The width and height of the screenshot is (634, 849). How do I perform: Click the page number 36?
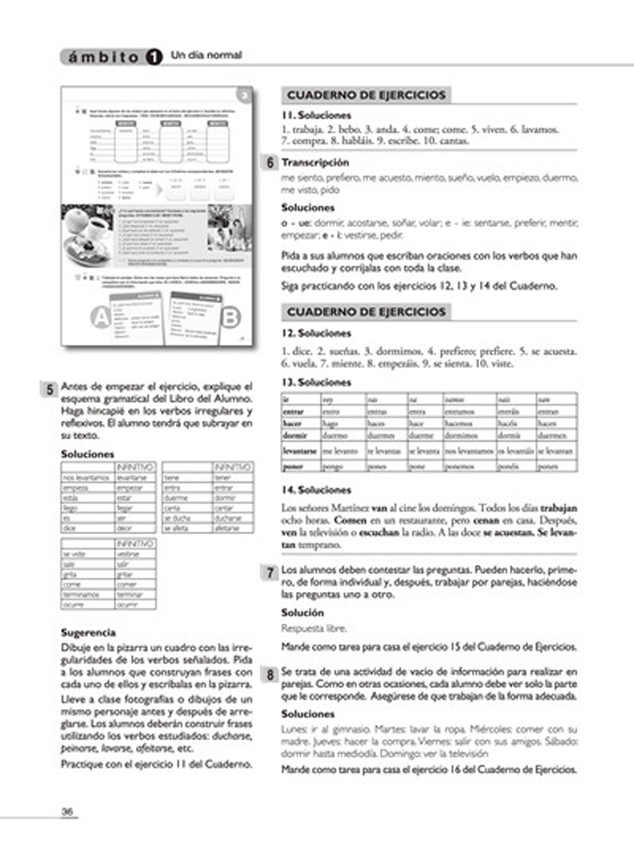point(66,812)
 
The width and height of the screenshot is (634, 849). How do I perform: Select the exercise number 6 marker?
point(271,163)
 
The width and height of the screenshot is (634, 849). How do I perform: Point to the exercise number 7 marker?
point(271,572)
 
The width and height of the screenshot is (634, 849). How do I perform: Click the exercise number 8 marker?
point(271,676)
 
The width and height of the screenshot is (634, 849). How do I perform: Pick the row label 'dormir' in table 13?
point(296,436)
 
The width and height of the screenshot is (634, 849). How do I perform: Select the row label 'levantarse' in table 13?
point(300,451)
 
